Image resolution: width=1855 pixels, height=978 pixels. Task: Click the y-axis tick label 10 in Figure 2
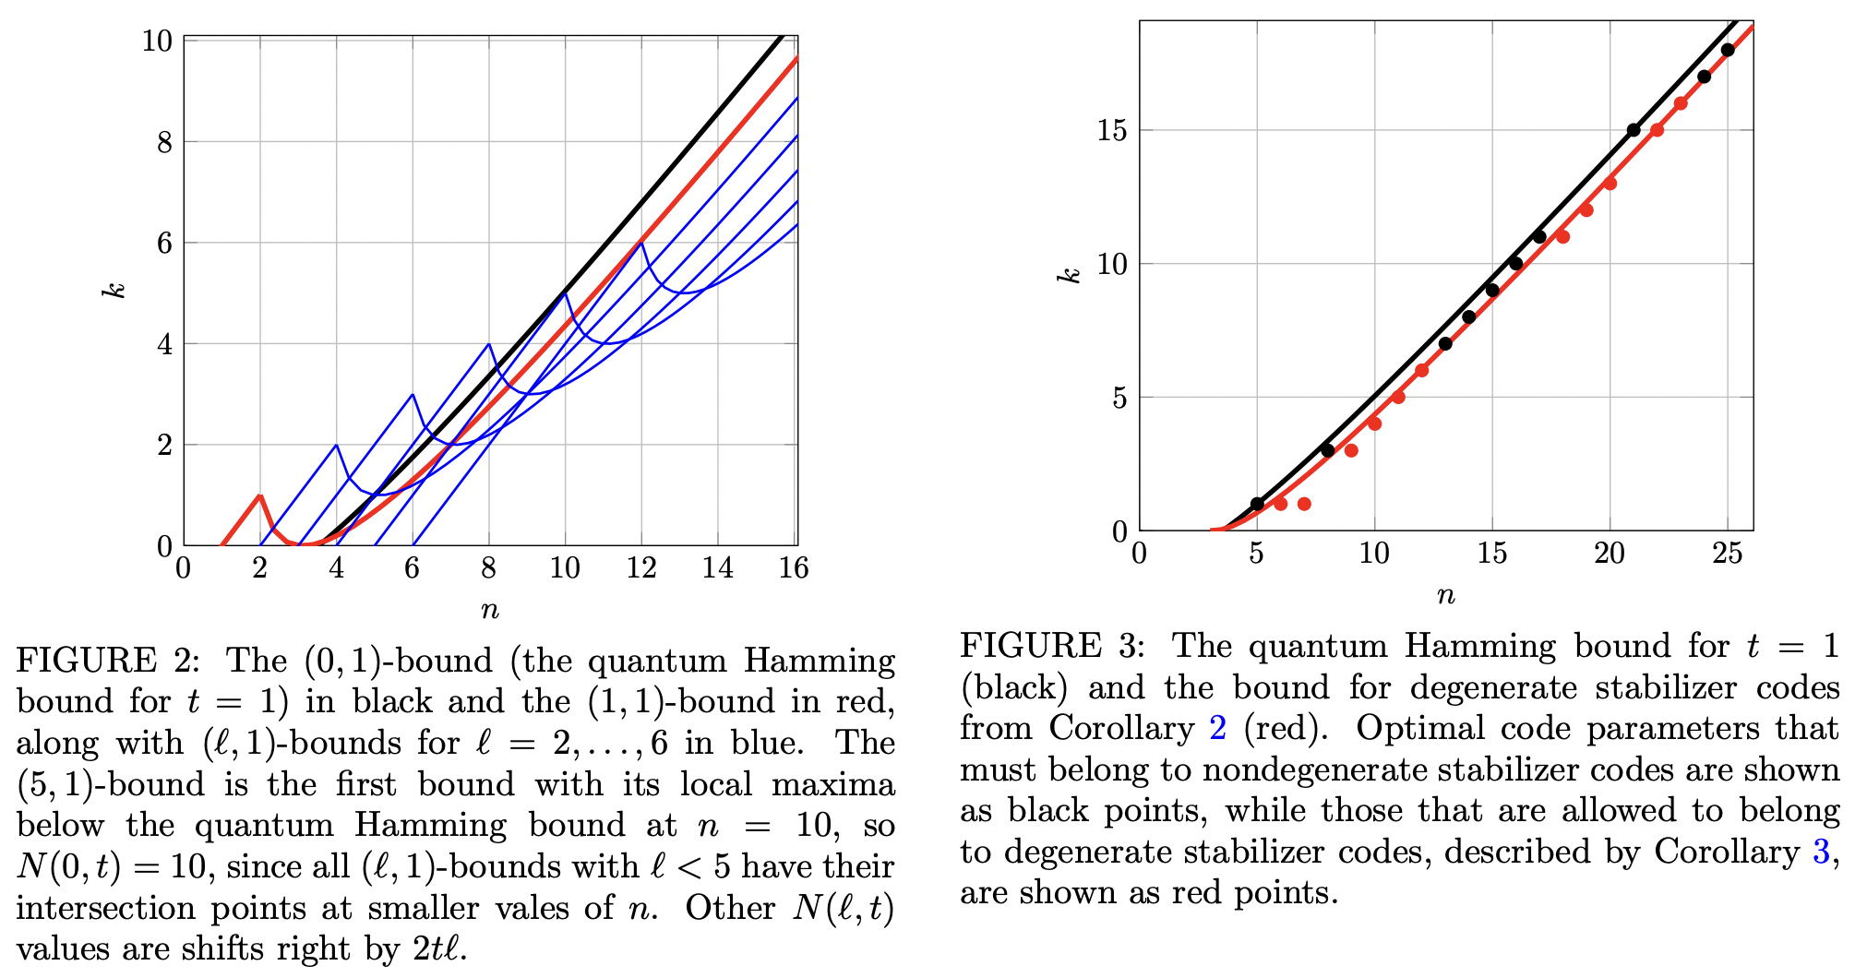tap(157, 42)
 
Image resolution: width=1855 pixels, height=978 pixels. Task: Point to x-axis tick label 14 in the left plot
tap(717, 568)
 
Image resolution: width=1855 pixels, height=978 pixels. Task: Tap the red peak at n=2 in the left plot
tap(260, 496)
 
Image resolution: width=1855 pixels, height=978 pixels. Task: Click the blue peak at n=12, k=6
tap(641, 243)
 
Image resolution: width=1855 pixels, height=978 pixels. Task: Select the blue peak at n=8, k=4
tap(489, 344)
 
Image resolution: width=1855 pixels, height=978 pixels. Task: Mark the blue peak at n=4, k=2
tap(336, 446)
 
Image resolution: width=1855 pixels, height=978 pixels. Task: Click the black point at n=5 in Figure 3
tap(1257, 504)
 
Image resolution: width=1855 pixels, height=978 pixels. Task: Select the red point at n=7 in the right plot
tap(1304, 504)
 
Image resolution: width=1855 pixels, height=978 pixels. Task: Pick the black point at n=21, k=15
tap(1634, 130)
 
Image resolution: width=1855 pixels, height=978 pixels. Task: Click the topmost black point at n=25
tap(1728, 50)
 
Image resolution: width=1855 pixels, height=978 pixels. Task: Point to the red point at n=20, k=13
tap(1610, 184)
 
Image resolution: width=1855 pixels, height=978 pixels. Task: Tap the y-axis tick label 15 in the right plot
tap(1112, 131)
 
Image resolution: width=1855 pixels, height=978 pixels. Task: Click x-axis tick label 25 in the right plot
tap(1727, 554)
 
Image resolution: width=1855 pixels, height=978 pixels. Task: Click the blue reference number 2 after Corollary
tap(1218, 729)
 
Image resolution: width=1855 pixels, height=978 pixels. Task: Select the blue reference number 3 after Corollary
tap(1821, 852)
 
